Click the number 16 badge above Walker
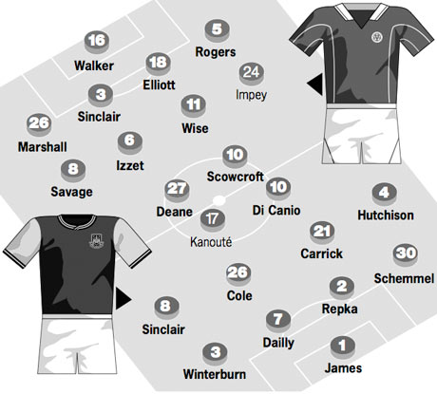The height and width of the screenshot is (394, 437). click(97, 42)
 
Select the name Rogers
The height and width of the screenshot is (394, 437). click(216, 52)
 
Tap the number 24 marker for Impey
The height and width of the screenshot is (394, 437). click(252, 73)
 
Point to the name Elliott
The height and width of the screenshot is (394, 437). click(159, 84)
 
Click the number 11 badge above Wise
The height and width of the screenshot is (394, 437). click(194, 105)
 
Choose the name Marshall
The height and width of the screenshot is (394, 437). click(43, 147)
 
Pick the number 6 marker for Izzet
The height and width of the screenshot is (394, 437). click(130, 141)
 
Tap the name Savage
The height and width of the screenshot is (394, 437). click(72, 192)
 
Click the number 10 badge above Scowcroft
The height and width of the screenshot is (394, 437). click(235, 156)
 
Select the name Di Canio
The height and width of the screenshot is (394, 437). click(276, 210)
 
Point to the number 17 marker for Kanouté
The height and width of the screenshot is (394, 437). click(213, 220)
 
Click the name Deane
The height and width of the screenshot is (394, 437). click(175, 212)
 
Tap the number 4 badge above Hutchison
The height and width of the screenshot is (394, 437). click(384, 193)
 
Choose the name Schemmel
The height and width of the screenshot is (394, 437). click(404, 278)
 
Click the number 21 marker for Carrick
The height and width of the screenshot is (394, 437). click(322, 232)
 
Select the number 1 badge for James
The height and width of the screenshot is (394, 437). click(343, 347)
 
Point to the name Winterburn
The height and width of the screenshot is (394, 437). click(215, 374)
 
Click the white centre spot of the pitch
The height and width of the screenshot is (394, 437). click(218, 200)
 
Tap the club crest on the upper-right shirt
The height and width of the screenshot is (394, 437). click(377, 37)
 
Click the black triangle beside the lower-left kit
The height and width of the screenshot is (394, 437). click(123, 299)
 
